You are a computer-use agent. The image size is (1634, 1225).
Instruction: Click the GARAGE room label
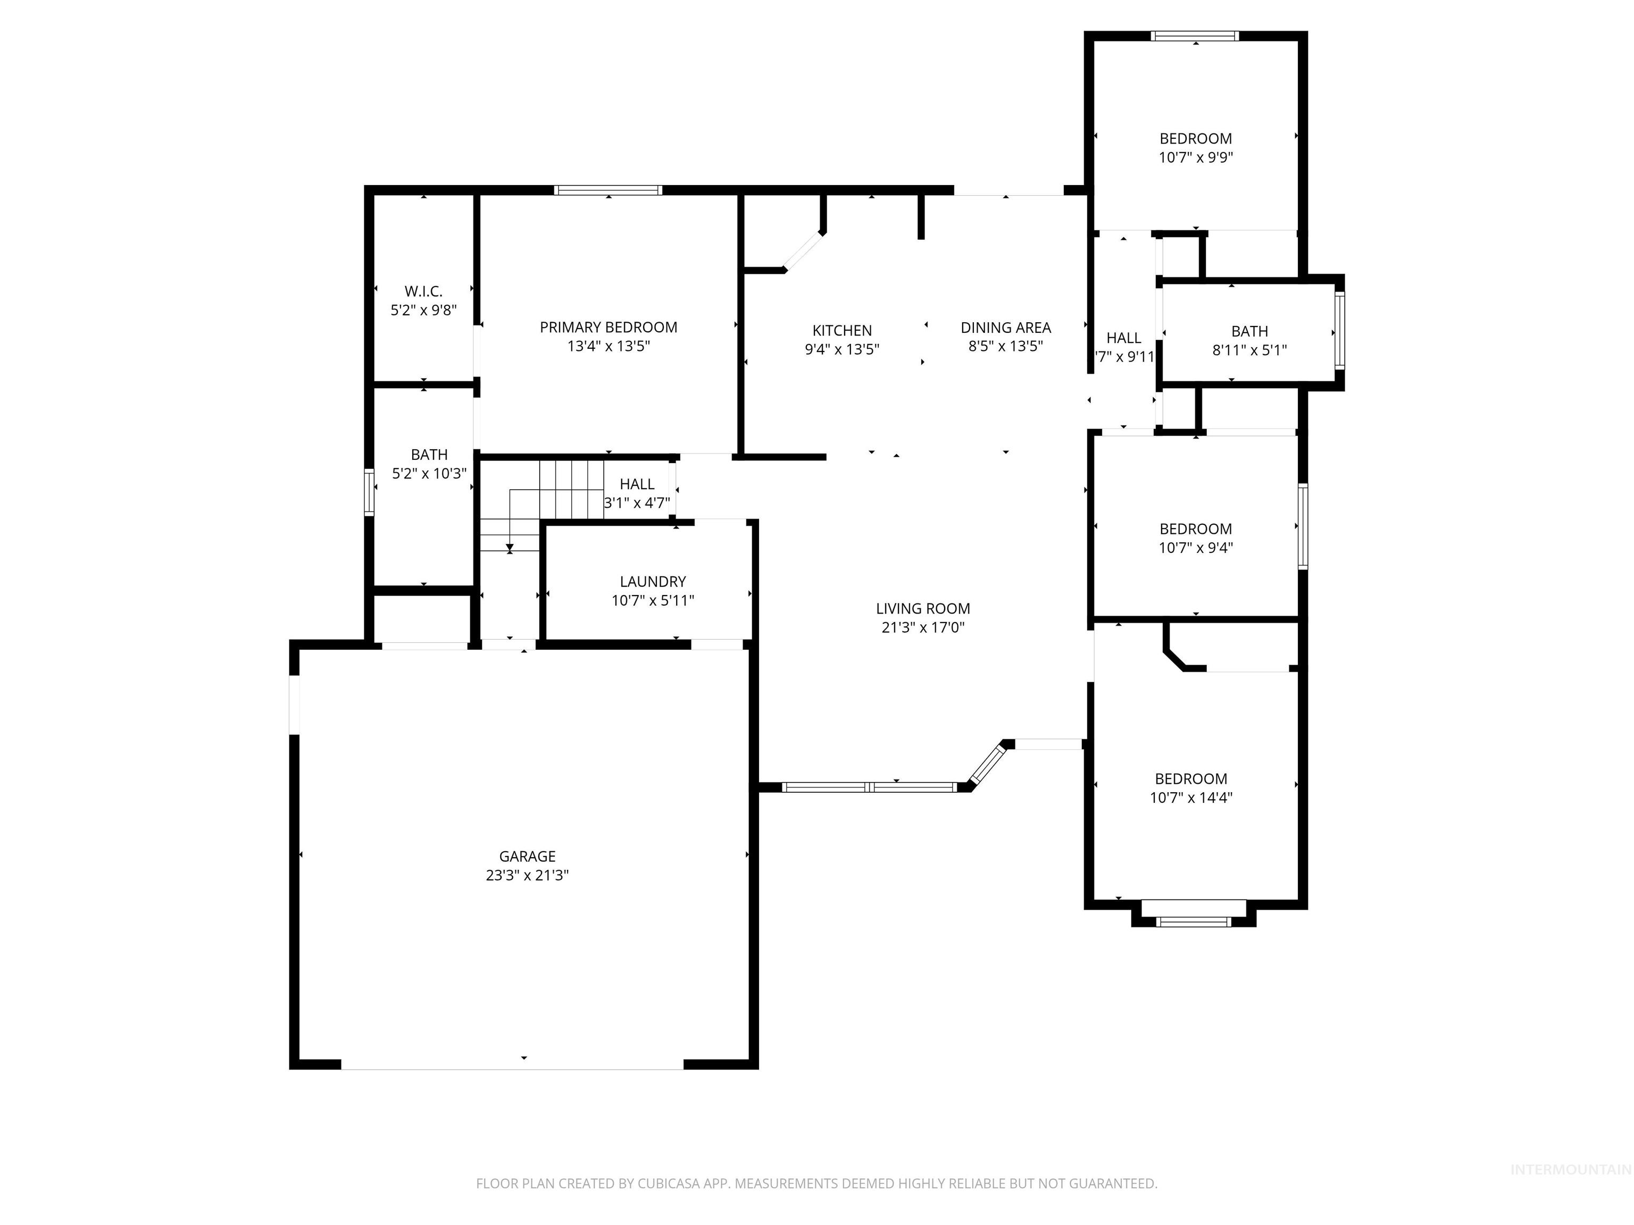527,856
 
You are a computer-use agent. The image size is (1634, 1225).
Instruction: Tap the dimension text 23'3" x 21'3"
527,875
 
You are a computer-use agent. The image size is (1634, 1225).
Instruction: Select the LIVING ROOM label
923,608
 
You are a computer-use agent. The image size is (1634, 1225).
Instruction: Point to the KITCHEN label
841,330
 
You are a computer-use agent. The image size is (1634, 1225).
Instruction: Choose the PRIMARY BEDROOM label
608,327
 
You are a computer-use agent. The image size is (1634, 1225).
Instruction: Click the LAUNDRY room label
652,581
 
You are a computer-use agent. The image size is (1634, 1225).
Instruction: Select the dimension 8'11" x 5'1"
1249,350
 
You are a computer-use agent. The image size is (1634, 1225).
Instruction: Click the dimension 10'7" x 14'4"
1191,798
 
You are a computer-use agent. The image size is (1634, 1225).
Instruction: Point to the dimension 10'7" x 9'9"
1195,157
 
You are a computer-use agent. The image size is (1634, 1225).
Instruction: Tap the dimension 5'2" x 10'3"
429,473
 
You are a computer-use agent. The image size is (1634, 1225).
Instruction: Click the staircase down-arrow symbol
510,548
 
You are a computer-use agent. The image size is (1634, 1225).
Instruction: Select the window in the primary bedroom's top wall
608,190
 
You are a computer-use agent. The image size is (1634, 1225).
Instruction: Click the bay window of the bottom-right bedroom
1193,921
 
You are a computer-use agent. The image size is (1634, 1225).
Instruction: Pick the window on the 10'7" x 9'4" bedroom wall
1303,526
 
